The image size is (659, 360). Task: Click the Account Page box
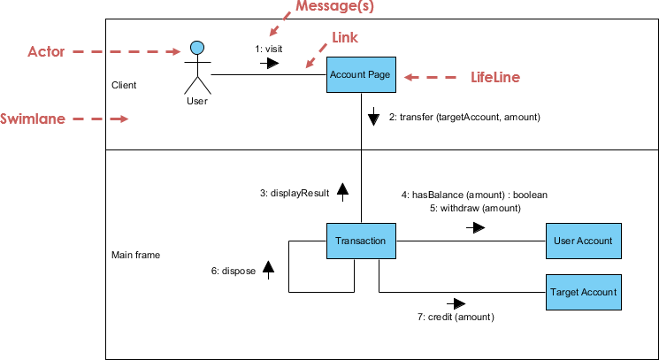click(x=360, y=75)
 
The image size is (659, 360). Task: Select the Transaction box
click(x=360, y=241)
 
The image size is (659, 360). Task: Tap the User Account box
click(x=582, y=241)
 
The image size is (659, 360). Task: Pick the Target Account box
click(x=582, y=291)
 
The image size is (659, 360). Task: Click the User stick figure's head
click(x=198, y=47)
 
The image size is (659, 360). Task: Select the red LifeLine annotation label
click(x=494, y=78)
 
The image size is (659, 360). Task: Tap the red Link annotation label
click(x=344, y=38)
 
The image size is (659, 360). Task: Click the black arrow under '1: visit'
click(x=269, y=64)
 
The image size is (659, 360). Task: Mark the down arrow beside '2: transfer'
click(x=373, y=117)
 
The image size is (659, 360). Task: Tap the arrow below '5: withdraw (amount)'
click(x=475, y=227)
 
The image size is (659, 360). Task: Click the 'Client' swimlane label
click(x=124, y=86)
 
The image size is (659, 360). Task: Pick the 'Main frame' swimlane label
click(x=135, y=255)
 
